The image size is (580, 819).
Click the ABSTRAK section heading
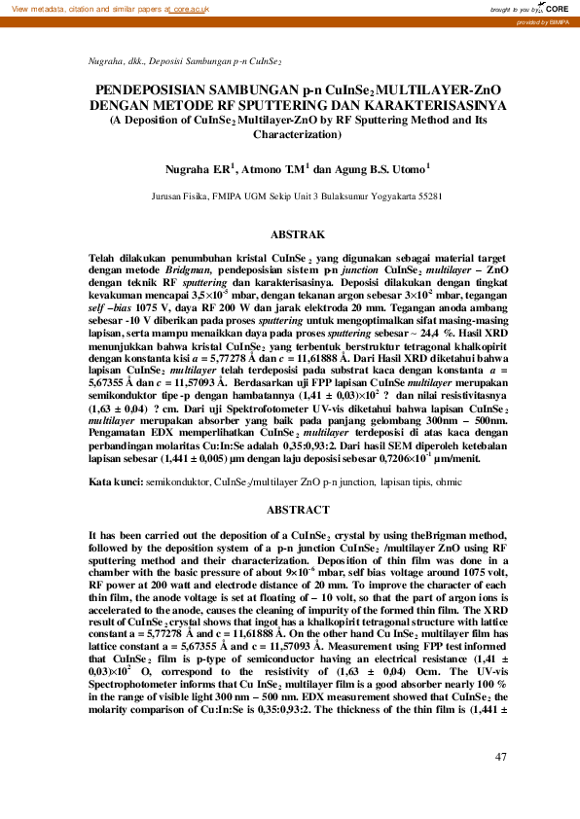(x=289, y=235)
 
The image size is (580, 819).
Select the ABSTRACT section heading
(x=289, y=509)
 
